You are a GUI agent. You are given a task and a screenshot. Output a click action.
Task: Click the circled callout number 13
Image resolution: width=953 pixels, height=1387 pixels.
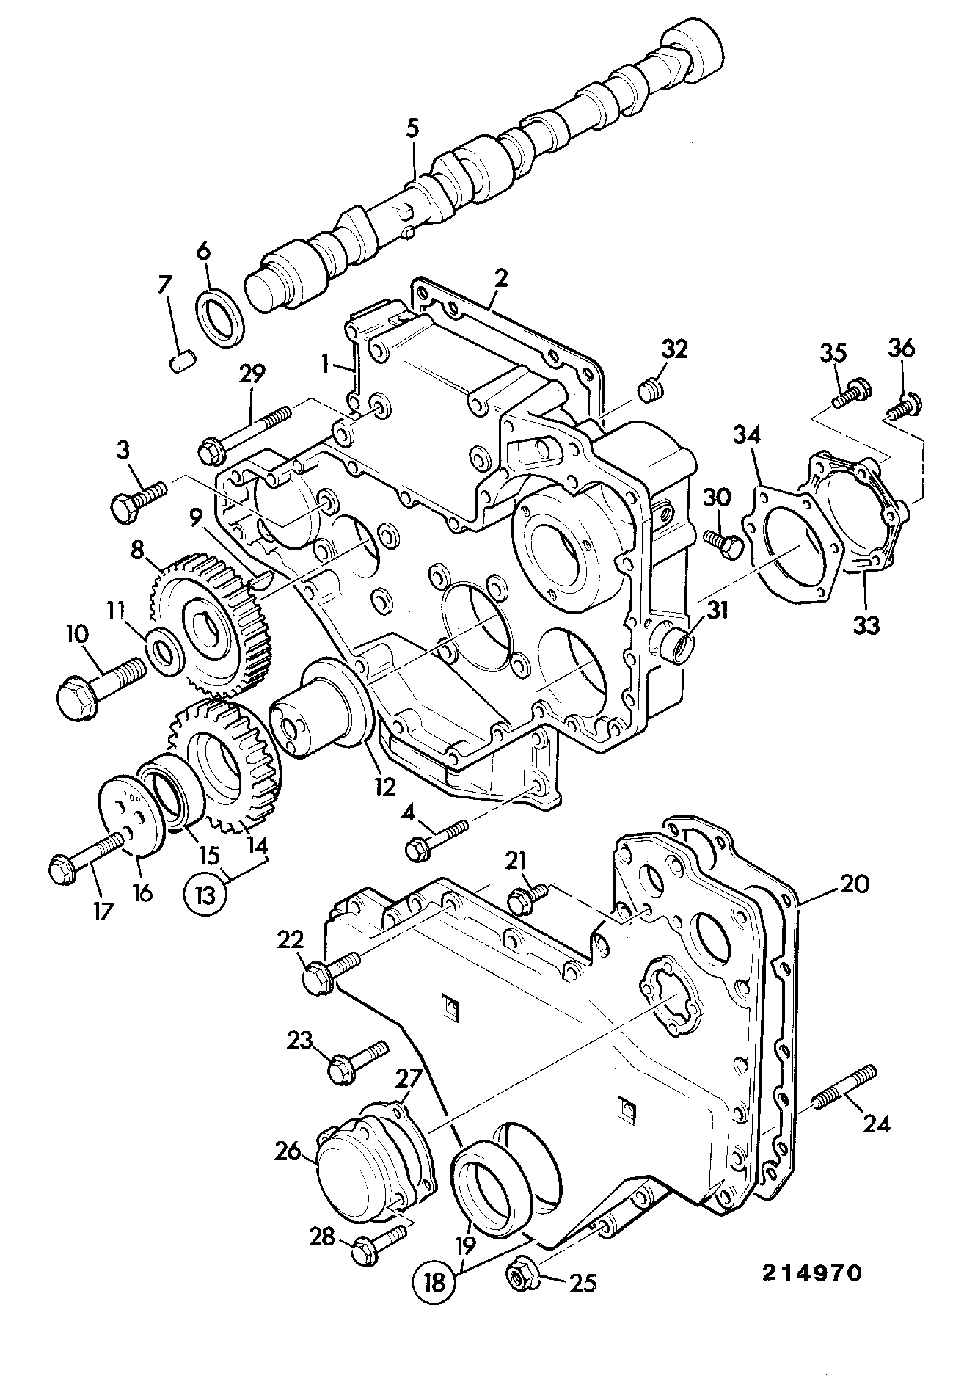(x=205, y=895)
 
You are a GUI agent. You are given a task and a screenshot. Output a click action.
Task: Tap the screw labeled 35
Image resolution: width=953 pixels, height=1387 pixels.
(x=851, y=393)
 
